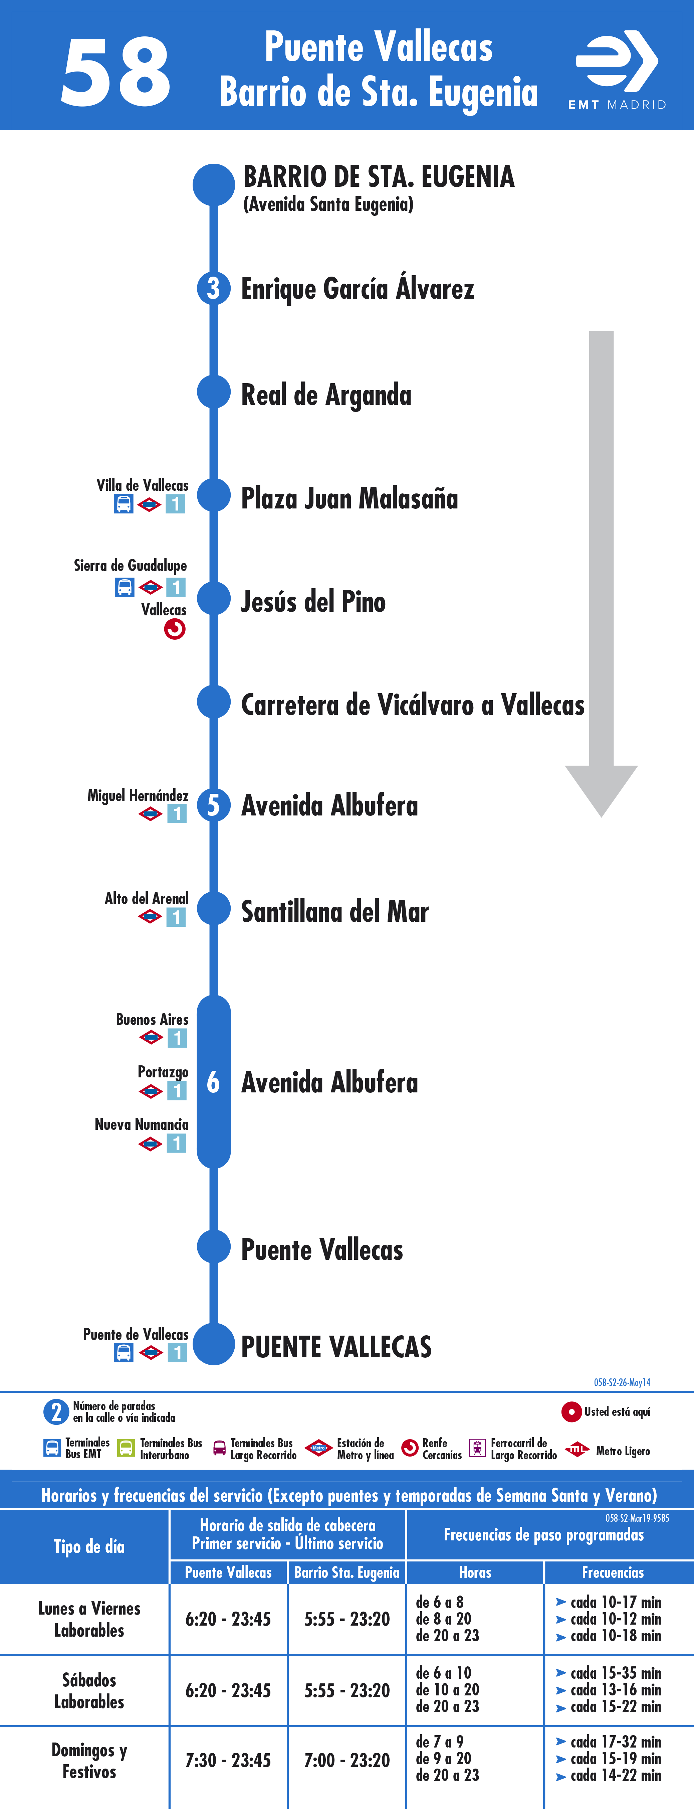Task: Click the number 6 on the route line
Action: click(213, 1082)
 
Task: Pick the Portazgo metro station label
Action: click(163, 1072)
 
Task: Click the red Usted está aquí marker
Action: click(571, 1411)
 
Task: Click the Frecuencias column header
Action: click(613, 1571)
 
